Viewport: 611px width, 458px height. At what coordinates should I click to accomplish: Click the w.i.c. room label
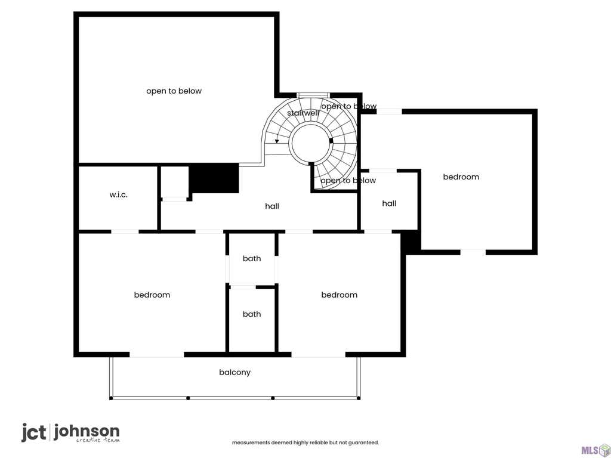coord(119,195)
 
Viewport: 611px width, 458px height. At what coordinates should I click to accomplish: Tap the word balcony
coord(234,372)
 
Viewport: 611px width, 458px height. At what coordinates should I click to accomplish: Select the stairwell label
coord(303,113)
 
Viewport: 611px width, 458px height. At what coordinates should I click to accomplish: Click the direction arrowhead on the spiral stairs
coord(277,141)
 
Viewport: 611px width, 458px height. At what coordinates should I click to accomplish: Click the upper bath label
coord(252,259)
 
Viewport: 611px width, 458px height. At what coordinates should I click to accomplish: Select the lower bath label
coord(252,314)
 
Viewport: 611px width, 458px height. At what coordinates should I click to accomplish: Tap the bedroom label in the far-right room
coord(461,177)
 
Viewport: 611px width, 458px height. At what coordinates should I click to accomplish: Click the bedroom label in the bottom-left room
coord(152,295)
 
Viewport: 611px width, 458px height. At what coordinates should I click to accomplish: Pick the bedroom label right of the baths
coord(340,295)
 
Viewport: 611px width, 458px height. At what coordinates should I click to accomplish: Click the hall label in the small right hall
coord(389,203)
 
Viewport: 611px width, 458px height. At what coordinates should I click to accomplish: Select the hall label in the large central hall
coord(272,206)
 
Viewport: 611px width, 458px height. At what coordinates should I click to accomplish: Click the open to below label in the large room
coord(174,91)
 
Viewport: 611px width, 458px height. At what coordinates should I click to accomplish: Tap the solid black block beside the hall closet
coord(214,178)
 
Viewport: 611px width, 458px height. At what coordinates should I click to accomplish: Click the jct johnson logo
coord(70,433)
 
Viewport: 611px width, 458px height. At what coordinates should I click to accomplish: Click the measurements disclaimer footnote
coord(305,442)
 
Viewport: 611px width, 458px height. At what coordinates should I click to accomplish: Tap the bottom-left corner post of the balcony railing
coord(111,398)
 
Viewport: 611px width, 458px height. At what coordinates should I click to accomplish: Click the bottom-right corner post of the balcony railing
coord(359,398)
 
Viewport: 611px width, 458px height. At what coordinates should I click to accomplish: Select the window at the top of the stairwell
coord(313,95)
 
